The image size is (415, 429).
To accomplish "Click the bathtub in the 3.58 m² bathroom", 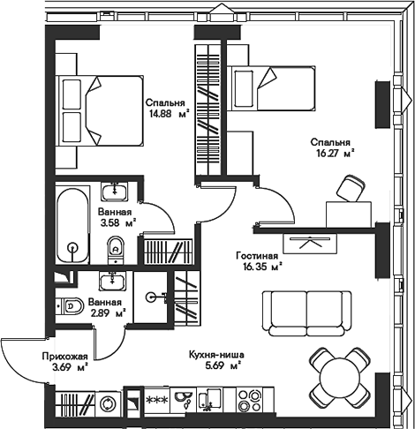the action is point(72,225).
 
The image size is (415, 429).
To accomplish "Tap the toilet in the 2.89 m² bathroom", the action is point(70,306).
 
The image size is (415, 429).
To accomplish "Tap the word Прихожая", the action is point(64,357).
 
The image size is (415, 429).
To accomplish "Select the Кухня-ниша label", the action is point(216,355).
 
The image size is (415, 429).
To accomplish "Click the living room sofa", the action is point(306,313).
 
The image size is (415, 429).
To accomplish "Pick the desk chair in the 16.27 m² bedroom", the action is point(351,189).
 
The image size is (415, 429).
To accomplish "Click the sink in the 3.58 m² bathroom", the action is point(115,192).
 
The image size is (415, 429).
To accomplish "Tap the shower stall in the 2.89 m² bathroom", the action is point(150,297).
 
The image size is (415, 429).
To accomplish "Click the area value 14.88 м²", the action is point(170,114).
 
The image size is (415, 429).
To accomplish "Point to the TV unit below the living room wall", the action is point(310,244).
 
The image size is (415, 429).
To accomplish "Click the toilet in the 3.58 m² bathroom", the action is point(116,251).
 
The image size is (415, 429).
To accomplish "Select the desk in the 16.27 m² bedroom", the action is point(349,214).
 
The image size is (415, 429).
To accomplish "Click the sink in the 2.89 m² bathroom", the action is point(112,281).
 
